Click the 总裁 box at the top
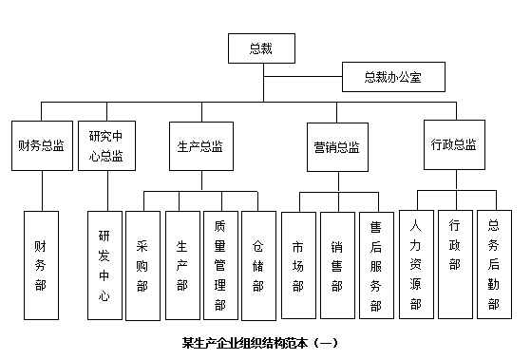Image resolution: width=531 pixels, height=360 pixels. click(x=259, y=47)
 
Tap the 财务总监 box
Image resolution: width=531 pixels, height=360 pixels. click(x=41, y=146)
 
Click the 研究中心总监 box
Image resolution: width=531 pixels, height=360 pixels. click(x=105, y=145)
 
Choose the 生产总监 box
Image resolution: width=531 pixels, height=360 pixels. click(x=200, y=146)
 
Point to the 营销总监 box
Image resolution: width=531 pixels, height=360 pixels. click(x=336, y=147)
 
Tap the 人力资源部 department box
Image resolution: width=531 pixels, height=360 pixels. click(x=415, y=263)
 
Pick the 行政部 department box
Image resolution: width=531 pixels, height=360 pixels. click(x=454, y=263)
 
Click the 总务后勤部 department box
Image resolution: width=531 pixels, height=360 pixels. click(x=493, y=263)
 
